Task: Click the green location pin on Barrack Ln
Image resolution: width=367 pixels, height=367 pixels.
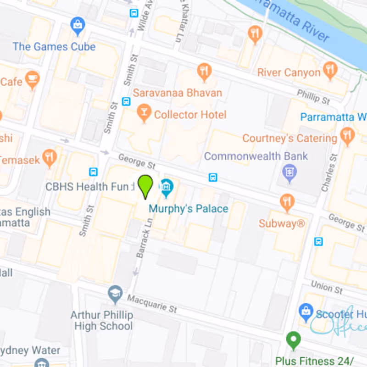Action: pos(146,186)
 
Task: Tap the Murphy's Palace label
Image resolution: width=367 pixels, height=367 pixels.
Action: pos(188,209)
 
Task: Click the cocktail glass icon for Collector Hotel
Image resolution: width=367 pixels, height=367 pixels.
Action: pos(144,113)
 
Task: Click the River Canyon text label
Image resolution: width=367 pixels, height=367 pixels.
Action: pos(289,72)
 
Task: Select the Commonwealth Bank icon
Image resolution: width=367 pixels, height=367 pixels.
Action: pos(289,173)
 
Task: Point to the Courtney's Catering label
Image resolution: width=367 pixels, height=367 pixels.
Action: pos(289,138)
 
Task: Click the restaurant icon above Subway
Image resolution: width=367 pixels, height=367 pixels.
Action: pos(287,202)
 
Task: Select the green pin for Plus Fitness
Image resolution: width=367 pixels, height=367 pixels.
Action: pos(293,340)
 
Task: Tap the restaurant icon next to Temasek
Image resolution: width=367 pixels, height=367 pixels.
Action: pos(50,157)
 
